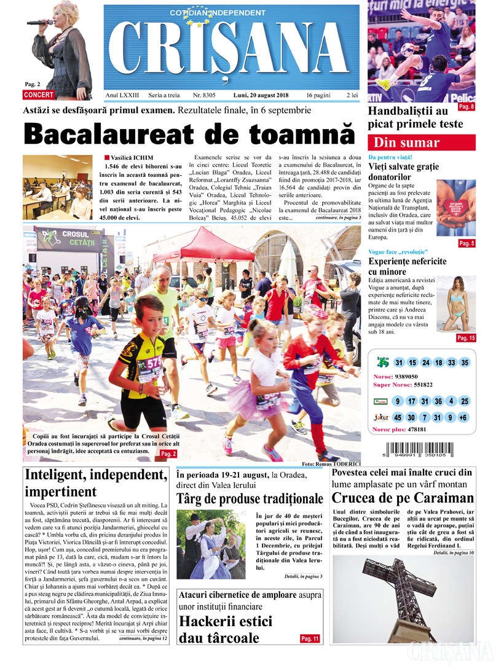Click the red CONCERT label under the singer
point(39,95)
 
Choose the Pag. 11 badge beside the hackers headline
point(310,639)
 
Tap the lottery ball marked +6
point(463,417)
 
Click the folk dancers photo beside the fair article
point(211,543)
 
